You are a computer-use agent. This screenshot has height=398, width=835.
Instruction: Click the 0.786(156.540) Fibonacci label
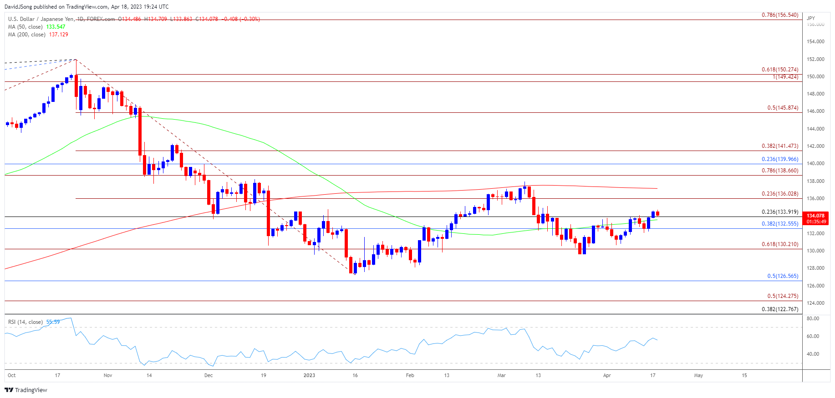[780, 15]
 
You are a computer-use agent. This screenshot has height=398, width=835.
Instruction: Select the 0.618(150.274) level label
[780, 70]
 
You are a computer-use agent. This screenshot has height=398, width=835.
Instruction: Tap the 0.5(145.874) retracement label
[783, 108]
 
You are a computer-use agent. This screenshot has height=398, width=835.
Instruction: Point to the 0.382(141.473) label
[780, 146]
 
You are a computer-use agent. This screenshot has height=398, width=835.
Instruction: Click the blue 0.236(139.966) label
[780, 159]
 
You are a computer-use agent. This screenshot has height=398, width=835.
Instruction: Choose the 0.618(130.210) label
[780, 244]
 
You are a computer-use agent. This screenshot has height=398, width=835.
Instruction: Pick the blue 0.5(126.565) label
[783, 276]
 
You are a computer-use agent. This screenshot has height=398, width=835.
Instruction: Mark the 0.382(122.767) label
[780, 309]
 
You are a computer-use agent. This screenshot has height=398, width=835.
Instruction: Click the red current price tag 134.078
[815, 216]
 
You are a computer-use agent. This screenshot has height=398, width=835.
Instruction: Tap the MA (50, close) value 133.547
[56, 27]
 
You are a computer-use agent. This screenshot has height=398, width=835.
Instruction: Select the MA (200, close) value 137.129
[58, 35]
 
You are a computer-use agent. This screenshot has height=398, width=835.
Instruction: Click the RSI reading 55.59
[53, 322]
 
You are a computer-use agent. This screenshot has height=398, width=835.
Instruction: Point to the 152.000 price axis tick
[815, 59]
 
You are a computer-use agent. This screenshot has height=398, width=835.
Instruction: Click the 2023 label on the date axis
[309, 375]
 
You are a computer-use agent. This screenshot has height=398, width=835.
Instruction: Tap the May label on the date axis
[698, 375]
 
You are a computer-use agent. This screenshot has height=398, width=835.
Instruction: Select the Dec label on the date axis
[209, 375]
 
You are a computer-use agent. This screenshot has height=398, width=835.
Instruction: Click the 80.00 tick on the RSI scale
[813, 318]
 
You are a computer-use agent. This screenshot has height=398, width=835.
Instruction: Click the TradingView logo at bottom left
[26, 390]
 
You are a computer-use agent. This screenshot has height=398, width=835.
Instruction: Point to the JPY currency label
[811, 18]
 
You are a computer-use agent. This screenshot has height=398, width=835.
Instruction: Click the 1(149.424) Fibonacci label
[785, 77]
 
